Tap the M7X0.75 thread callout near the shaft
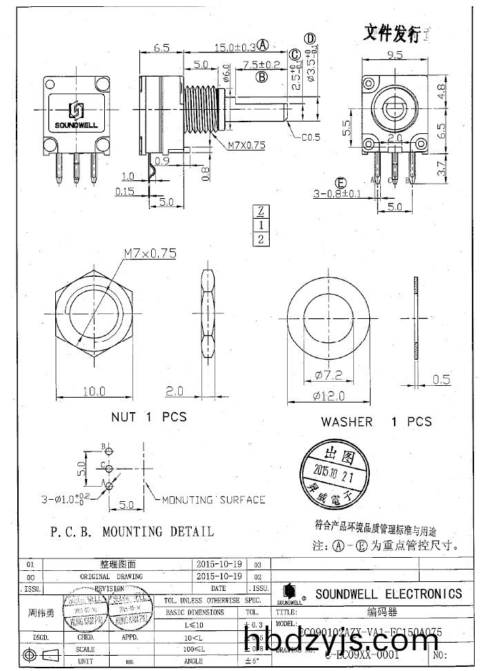(246, 145)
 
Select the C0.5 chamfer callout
(310, 137)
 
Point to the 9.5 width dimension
(395, 55)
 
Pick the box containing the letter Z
(261, 211)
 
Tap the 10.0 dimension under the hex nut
(94, 391)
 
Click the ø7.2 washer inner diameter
(328, 376)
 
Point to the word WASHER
(346, 421)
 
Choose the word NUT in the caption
(124, 417)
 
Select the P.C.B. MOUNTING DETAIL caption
(132, 532)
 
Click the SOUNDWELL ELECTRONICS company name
(388, 594)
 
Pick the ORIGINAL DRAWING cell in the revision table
(111, 576)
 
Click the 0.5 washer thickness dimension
(441, 379)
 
